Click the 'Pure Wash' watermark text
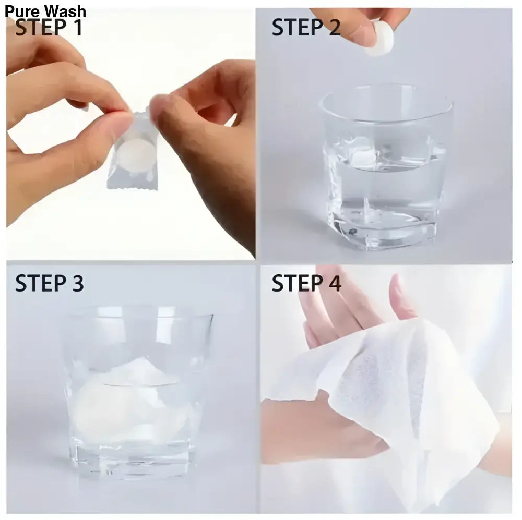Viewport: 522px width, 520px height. coord(46,11)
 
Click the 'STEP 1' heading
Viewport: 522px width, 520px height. coord(49,28)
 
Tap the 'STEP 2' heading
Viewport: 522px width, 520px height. coord(306,28)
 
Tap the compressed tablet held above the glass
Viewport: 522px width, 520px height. coord(379,44)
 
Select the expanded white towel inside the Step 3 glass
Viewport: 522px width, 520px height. coord(130,402)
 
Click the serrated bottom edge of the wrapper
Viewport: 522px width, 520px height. coord(125,185)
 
